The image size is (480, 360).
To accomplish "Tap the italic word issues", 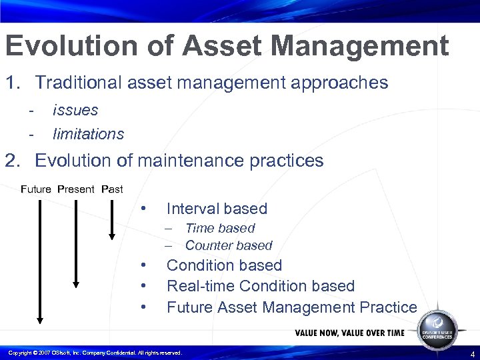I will pyautogui.click(x=75, y=110).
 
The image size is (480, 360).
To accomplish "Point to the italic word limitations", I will pyautogui.click(x=88, y=133).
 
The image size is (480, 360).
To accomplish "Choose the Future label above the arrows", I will pyautogui.click(x=36, y=189).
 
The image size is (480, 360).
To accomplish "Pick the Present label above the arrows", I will pyautogui.click(x=76, y=189).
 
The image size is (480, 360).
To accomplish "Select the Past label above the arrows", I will pyautogui.click(x=112, y=189).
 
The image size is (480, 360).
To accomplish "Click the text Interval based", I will pyautogui.click(x=217, y=209).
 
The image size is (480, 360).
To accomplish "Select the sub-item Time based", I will pyautogui.click(x=220, y=229).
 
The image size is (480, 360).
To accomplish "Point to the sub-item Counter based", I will pyautogui.click(x=229, y=245).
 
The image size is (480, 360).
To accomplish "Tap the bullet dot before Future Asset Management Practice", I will pyautogui.click(x=143, y=307).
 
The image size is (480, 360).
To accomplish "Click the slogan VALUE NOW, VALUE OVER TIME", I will pyautogui.click(x=349, y=333).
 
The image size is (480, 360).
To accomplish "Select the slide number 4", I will pyautogui.click(x=472, y=353).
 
